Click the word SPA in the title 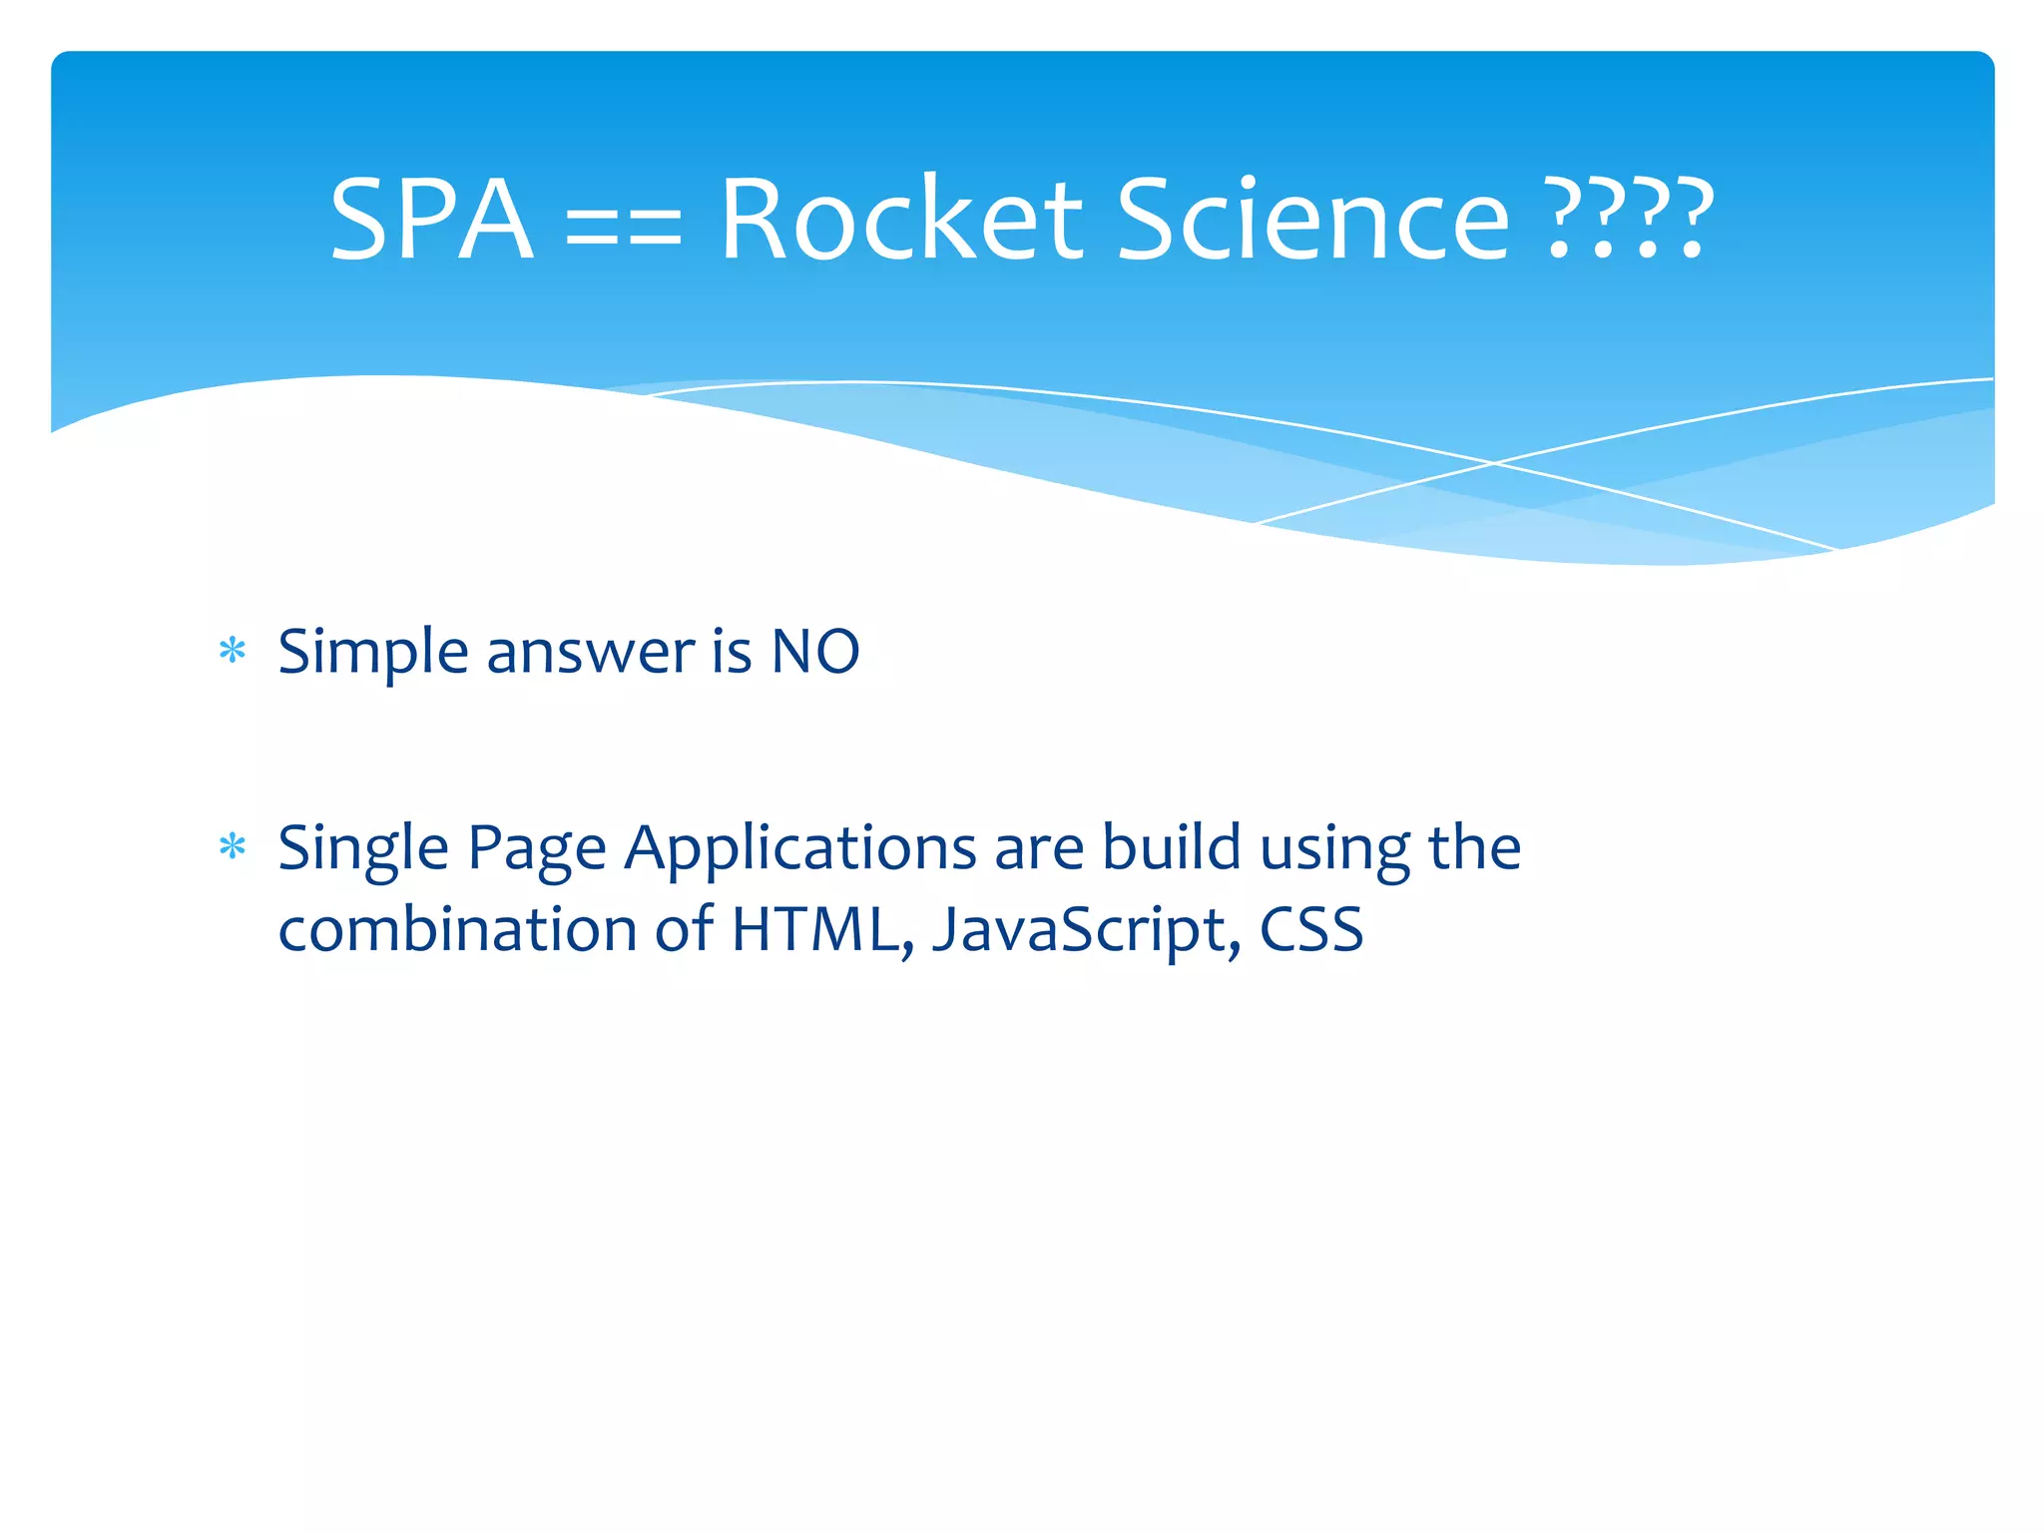[431, 220]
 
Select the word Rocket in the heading [900, 220]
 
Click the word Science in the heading [1311, 220]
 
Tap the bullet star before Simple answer [233, 652]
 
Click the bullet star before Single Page [233, 847]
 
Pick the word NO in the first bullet [814, 652]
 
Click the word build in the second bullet [1171, 847]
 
